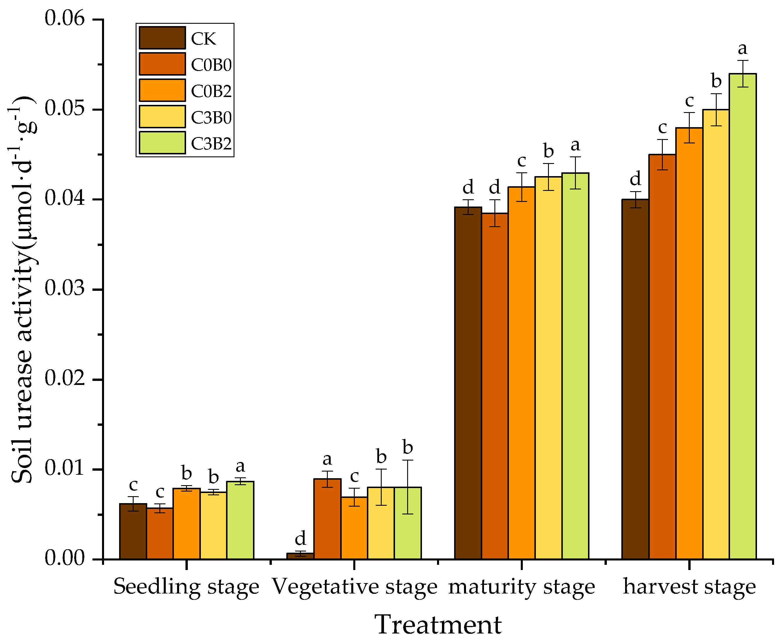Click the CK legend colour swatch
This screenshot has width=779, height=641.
162,38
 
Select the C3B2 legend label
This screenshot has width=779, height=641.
211,144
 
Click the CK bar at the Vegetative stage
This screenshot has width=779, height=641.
300,556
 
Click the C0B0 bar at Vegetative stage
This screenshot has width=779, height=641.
327,519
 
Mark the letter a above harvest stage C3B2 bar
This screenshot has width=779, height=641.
742,48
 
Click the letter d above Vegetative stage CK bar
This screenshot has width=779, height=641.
300,538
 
